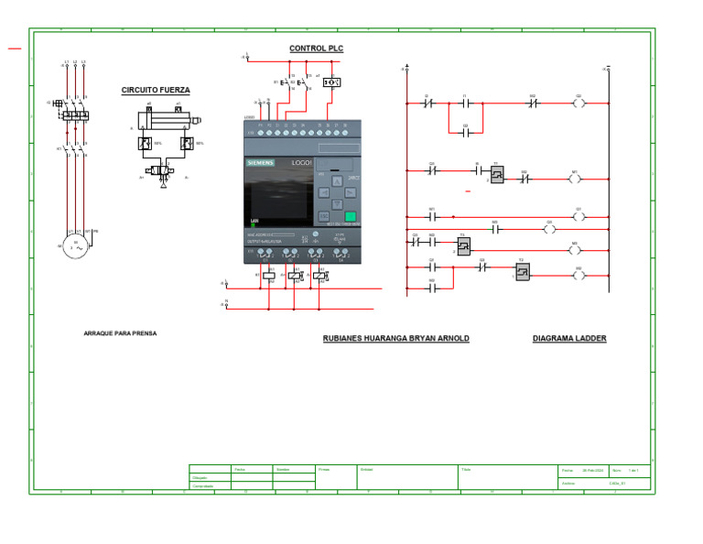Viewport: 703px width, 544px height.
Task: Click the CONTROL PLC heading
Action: (x=316, y=49)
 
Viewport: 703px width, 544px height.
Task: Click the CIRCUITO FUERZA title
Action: (x=156, y=91)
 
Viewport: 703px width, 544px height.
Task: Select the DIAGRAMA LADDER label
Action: (x=569, y=339)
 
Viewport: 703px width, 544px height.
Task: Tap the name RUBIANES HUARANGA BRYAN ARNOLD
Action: (x=395, y=339)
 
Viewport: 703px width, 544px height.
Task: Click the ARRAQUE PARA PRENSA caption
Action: (x=120, y=333)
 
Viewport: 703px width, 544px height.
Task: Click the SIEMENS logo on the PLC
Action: (x=259, y=163)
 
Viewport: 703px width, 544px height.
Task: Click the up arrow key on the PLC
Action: (x=336, y=180)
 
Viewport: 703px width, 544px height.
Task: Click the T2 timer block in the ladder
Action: (x=464, y=245)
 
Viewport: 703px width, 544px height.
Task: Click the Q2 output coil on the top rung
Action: (x=578, y=103)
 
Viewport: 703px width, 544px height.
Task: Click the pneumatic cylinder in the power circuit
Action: (x=165, y=119)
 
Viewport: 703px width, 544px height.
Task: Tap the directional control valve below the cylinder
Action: (x=163, y=171)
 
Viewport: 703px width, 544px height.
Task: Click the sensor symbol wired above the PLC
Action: (x=332, y=82)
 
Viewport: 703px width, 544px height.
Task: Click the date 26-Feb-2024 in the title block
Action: (x=593, y=470)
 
